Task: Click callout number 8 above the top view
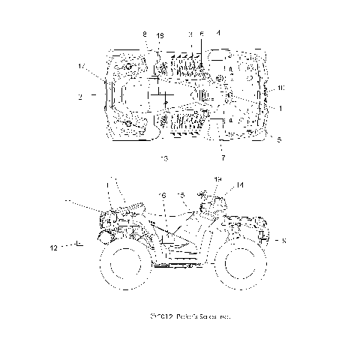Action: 145,34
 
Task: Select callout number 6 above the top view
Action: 201,34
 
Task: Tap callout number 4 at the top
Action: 218,34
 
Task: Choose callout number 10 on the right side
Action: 280,88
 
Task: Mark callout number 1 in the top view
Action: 280,108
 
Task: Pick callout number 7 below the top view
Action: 222,158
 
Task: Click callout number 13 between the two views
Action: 163,158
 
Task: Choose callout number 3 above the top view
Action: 190,34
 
